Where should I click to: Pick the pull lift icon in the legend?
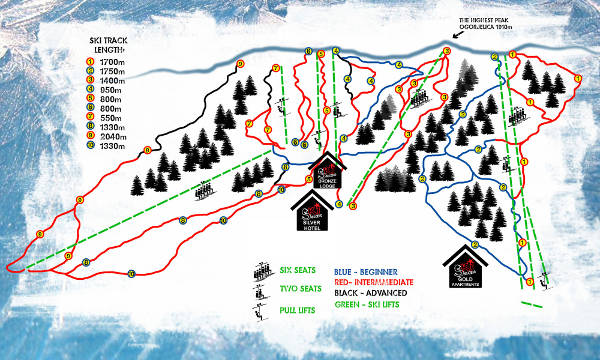coord(263,312)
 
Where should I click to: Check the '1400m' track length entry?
coord(89,80)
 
